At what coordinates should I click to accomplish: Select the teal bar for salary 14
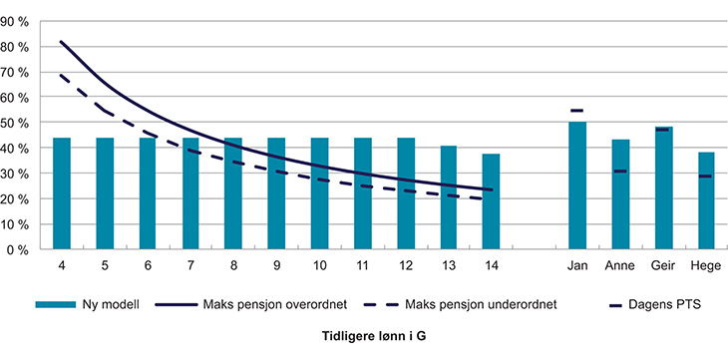pos(491,200)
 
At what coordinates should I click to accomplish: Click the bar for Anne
pos(620,193)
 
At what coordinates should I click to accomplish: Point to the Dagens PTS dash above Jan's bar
pos(577,111)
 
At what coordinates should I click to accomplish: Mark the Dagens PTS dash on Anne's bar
pos(620,172)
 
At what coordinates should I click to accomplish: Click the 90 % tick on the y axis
pos(22,21)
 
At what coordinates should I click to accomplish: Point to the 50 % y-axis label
pos(22,123)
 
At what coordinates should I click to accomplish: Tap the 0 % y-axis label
pos(25,249)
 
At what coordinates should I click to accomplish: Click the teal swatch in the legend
pos(55,303)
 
